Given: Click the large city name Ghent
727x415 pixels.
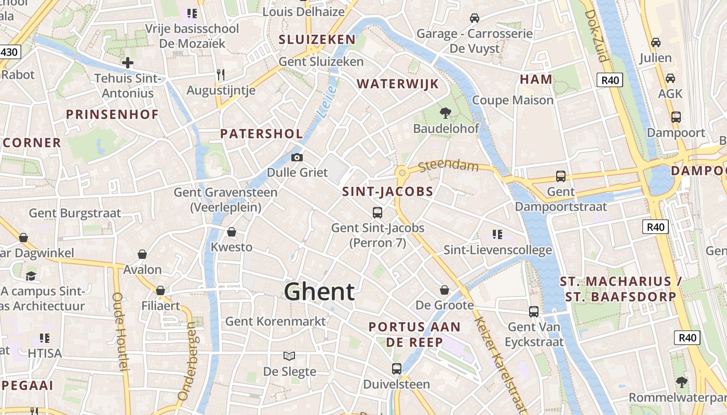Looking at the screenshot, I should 319,292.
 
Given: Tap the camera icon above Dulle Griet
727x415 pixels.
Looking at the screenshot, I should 297,157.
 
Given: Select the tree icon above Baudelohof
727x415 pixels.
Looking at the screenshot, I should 445,113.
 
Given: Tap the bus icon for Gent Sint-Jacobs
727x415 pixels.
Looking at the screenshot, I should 378,212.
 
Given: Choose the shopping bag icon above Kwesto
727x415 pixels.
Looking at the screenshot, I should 232,232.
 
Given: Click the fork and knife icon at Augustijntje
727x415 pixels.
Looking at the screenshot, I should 221,74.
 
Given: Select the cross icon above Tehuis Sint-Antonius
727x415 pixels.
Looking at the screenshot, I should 128,63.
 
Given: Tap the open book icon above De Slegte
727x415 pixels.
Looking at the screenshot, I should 289,356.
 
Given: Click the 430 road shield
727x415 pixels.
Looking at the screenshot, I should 9,52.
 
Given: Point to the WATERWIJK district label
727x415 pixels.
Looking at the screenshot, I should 398,84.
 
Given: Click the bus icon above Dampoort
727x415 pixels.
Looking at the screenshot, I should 676,117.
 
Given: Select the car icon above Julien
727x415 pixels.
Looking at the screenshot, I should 656,43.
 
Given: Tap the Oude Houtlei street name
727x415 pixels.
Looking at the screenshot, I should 119,332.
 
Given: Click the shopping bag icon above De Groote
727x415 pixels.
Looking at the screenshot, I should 445,289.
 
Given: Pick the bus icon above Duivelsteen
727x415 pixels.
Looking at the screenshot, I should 397,369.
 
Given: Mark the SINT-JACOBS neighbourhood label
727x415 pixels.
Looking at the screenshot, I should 387,192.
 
